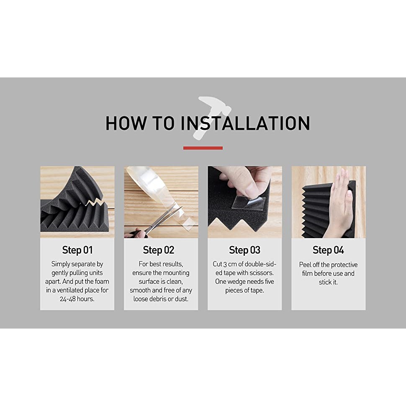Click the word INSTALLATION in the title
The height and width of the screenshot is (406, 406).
tap(245, 123)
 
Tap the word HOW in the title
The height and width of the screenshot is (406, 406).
tap(126, 123)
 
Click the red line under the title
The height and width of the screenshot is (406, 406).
tap(203, 148)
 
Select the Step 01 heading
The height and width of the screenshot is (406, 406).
tap(77, 250)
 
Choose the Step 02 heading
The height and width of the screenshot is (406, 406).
tap(159, 250)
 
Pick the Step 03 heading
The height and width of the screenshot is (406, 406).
tap(244, 250)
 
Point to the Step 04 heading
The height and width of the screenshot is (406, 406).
tap(328, 250)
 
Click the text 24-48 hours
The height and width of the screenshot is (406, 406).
tap(77, 299)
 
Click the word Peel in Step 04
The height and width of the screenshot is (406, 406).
tap(305, 265)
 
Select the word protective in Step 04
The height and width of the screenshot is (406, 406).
tap(344, 265)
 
